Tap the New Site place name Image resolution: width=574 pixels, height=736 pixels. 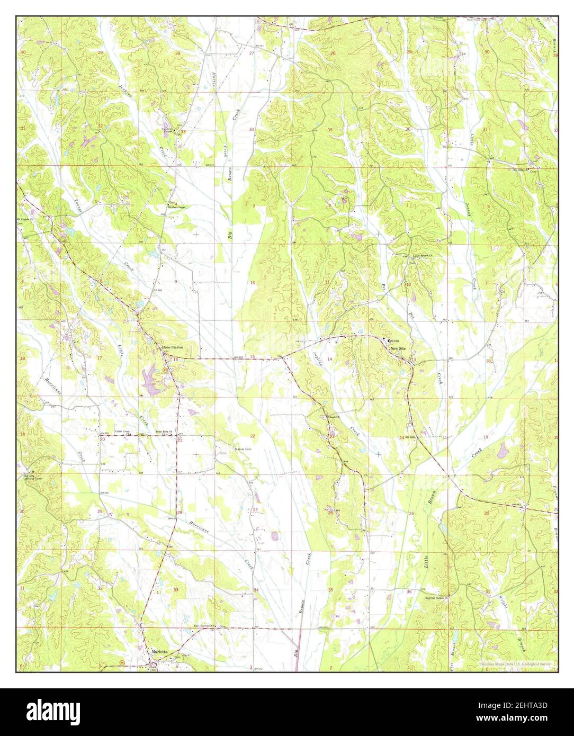coord(398,349)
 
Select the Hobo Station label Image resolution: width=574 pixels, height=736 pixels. coord(173,347)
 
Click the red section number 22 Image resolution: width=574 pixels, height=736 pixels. coord(253,436)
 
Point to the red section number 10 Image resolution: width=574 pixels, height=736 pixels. coord(253,283)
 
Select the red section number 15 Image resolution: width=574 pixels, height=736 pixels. coord(253,357)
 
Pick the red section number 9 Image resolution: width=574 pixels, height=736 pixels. coord(176,282)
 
